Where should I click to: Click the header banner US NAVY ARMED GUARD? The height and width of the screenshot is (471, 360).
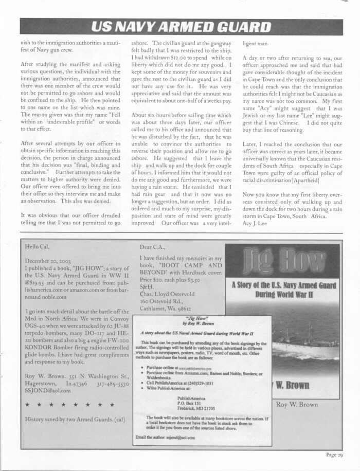[x=180, y=27]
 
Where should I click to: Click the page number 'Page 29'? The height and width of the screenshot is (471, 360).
[x=334, y=455]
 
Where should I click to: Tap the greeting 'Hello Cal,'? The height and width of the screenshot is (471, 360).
[x=39, y=247]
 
